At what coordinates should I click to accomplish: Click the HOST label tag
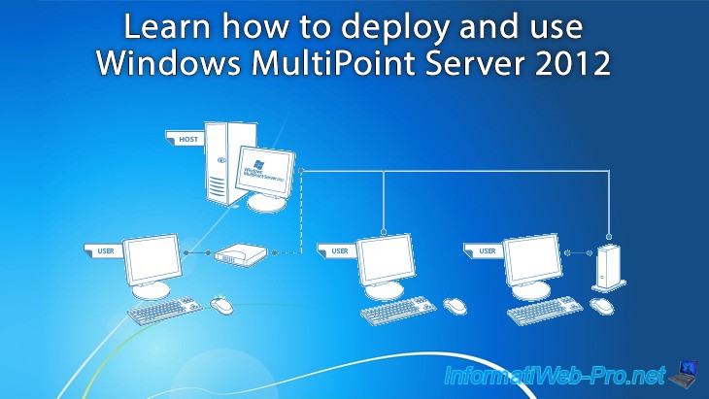coord(187,140)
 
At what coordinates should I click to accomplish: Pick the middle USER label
coord(338,250)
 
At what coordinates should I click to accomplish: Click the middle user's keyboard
coord(398,311)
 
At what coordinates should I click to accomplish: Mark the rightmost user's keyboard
coord(544,311)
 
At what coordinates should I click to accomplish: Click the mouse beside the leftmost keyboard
coord(222,306)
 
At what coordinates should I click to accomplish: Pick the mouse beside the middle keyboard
coord(455,305)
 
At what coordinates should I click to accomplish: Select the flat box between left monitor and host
coord(239,255)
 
